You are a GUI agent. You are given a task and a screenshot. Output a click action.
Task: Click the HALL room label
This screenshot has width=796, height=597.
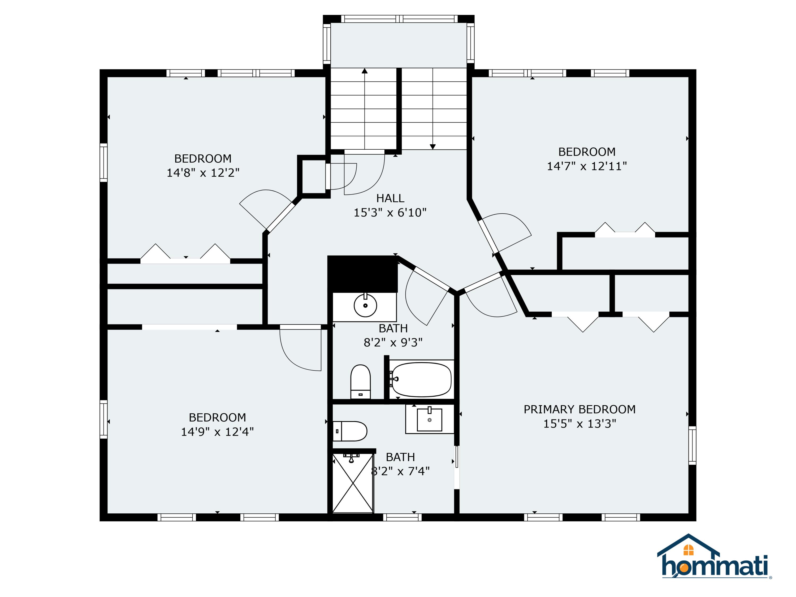390,198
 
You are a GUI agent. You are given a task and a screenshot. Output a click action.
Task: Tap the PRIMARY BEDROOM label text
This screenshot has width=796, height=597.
579,409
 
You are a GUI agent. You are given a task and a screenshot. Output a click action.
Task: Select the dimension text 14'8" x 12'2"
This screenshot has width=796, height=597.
203,173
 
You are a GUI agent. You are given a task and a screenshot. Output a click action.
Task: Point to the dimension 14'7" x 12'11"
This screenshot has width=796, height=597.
587,166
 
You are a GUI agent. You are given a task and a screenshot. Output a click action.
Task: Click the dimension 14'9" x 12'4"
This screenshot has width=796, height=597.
217,431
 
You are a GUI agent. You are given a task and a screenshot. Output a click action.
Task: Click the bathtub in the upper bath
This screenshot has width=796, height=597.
421,380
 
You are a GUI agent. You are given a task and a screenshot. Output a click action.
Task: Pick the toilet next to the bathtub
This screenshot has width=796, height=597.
360,382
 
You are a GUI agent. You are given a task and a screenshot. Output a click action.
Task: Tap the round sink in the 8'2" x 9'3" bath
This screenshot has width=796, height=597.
365,305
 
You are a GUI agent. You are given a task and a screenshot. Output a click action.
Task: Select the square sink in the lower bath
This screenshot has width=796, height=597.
429,419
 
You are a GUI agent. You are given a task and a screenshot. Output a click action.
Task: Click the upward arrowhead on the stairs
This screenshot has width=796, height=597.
365,71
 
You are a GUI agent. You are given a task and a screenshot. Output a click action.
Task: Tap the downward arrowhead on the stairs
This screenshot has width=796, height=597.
432,147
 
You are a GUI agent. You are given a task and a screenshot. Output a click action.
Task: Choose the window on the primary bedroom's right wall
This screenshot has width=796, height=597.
692,445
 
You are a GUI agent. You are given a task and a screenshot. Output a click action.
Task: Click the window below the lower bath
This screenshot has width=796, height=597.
402,517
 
